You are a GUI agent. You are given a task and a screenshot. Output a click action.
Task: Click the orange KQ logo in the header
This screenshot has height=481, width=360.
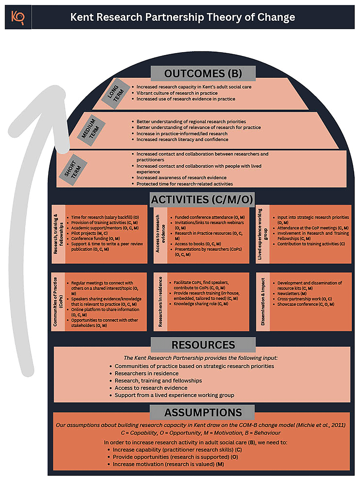click(x=17, y=17)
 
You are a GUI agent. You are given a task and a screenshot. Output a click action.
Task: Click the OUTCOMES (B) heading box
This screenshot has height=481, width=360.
click(x=203, y=73)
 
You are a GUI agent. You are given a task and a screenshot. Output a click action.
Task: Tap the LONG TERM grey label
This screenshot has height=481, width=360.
click(x=115, y=93)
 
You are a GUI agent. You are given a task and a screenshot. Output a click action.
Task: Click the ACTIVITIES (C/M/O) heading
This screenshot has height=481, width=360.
click(x=202, y=199)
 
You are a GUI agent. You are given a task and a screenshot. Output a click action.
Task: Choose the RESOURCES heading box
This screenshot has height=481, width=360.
click(x=203, y=345)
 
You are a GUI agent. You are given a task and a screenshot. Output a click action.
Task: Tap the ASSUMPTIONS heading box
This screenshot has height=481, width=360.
click(x=203, y=412)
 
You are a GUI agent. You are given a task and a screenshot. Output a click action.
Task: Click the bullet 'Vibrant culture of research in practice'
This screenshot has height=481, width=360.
click(x=177, y=93)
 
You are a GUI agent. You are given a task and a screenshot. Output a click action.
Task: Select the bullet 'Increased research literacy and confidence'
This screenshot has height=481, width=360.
click(x=182, y=140)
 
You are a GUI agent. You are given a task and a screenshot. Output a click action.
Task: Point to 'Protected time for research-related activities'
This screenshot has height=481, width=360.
click(x=184, y=184)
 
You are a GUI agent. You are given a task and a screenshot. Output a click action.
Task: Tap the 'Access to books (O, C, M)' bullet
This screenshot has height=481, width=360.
click(x=198, y=244)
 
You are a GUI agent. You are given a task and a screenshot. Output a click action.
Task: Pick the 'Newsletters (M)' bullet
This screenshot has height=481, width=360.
click(x=292, y=294)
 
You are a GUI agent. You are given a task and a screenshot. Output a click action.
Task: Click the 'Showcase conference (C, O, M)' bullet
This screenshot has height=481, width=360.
click(x=306, y=304)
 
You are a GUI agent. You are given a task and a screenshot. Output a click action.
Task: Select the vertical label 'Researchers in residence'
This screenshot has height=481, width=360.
click(x=160, y=301)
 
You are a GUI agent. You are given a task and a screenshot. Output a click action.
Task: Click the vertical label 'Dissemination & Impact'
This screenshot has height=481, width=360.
click(x=263, y=301)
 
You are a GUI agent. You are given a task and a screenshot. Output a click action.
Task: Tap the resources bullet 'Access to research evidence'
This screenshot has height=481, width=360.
click(x=151, y=388)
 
